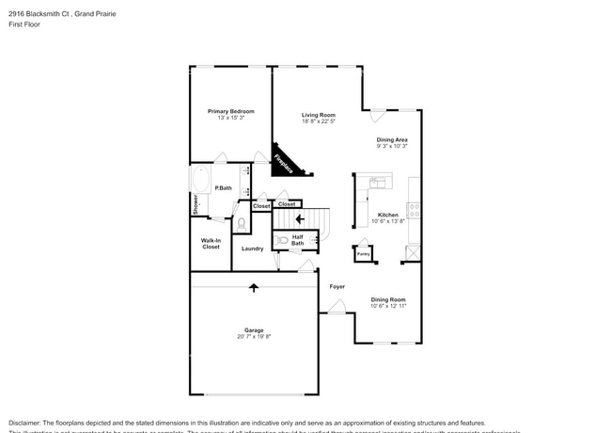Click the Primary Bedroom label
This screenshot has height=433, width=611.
[230, 111]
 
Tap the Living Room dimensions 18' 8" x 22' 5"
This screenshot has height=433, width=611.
[319, 121]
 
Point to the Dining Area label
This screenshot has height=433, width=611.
[392, 139]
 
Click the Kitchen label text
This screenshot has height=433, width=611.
[387, 215]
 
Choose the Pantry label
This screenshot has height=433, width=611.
[363, 253]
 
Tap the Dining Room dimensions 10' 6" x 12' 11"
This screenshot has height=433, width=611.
[387, 306]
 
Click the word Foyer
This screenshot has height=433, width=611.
[337, 286]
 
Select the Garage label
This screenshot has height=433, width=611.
[254, 330]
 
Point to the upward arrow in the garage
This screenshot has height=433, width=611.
[253, 287]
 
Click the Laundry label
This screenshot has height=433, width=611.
[252, 249]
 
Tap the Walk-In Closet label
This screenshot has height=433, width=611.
[211, 244]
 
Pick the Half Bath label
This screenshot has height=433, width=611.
[297, 240]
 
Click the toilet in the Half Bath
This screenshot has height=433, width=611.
[284, 241]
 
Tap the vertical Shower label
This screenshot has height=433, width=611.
[196, 204]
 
